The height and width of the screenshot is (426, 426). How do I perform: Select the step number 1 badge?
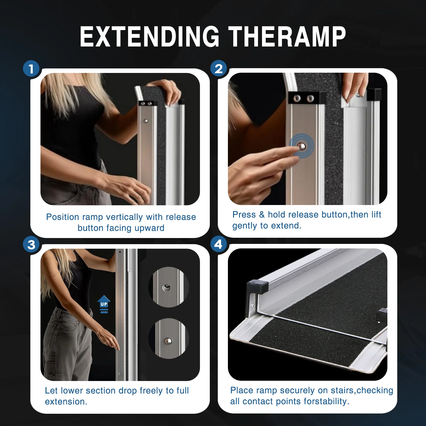point(31,69)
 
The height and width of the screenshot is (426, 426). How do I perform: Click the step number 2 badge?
point(219,69)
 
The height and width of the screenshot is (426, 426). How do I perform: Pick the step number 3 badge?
point(31,245)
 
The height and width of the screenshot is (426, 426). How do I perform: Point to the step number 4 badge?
point(218,244)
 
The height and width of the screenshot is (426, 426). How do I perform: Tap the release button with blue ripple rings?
point(302,146)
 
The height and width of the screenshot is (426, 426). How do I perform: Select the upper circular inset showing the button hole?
point(169,287)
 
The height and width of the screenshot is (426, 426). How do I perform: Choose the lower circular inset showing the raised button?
point(169,339)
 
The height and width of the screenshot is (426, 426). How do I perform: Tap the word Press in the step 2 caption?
point(244,215)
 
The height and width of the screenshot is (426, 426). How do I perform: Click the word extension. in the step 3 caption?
point(66,402)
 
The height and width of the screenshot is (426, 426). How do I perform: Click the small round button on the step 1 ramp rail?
point(146,121)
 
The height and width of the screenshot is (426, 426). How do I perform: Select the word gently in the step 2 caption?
point(245,226)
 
